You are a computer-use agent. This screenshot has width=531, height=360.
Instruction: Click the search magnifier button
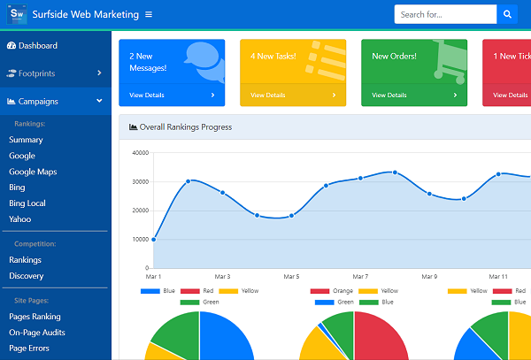(507, 14)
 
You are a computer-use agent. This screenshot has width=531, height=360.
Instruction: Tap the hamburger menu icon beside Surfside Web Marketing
(149, 14)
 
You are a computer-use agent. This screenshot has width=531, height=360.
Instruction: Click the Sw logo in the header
(17, 14)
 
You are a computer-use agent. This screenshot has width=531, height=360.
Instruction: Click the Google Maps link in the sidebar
(33, 172)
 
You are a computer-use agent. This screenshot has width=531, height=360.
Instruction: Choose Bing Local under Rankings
(27, 203)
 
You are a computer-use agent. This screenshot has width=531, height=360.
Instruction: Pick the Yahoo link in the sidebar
(20, 219)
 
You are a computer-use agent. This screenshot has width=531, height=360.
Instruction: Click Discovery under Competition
(26, 276)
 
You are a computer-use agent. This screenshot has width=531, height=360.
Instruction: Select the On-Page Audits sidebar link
(37, 333)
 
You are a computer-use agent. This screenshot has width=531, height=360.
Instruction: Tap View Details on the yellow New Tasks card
(268, 95)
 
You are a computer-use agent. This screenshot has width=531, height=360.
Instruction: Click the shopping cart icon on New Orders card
(450, 62)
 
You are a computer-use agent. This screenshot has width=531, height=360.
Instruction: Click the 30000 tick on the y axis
(141, 181)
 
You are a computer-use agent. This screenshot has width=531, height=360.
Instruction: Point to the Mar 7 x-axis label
(360, 277)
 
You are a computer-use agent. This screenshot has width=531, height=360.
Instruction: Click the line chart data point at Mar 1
(154, 240)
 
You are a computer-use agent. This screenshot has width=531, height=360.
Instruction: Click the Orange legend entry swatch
(319, 291)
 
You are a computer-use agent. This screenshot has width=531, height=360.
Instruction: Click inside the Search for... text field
(445, 14)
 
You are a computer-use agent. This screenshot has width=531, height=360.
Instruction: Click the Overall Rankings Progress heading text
(186, 127)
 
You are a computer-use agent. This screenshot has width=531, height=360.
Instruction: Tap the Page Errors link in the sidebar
(29, 349)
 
